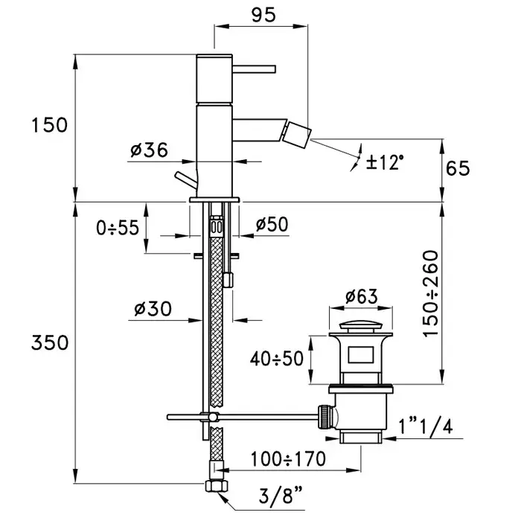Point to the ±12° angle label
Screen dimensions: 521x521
386,160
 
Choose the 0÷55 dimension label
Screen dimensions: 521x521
118,228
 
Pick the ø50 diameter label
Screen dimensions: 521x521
272,225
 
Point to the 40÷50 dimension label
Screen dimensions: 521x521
276,359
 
